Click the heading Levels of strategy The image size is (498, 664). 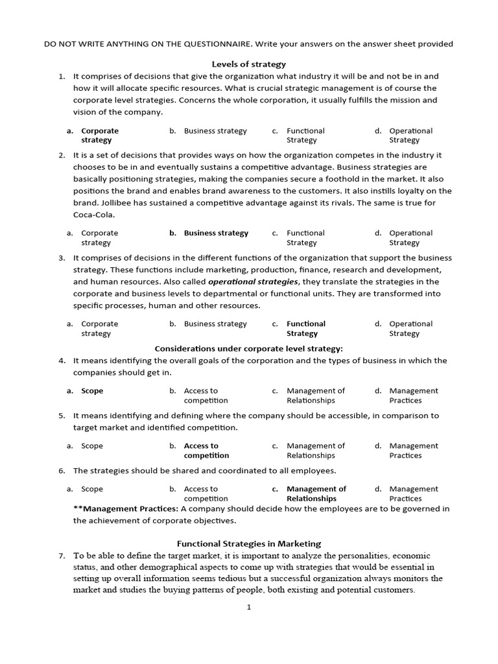pos(249,64)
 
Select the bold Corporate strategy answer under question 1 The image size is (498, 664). pos(100,135)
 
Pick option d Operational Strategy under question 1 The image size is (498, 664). pos(410,135)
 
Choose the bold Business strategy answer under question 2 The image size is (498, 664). pos(216,233)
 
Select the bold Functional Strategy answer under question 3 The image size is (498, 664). pos(305,328)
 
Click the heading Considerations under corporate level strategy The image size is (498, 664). pos(249,348)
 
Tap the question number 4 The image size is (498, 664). pos(62,361)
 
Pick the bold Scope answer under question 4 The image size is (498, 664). pos(92,391)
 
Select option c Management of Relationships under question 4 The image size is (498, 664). pos(315,396)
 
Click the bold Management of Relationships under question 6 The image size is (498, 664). pos(316,493)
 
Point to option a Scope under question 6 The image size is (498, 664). pos(92,489)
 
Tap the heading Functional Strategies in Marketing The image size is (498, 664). pos(249,544)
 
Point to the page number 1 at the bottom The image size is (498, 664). pos(248,607)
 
